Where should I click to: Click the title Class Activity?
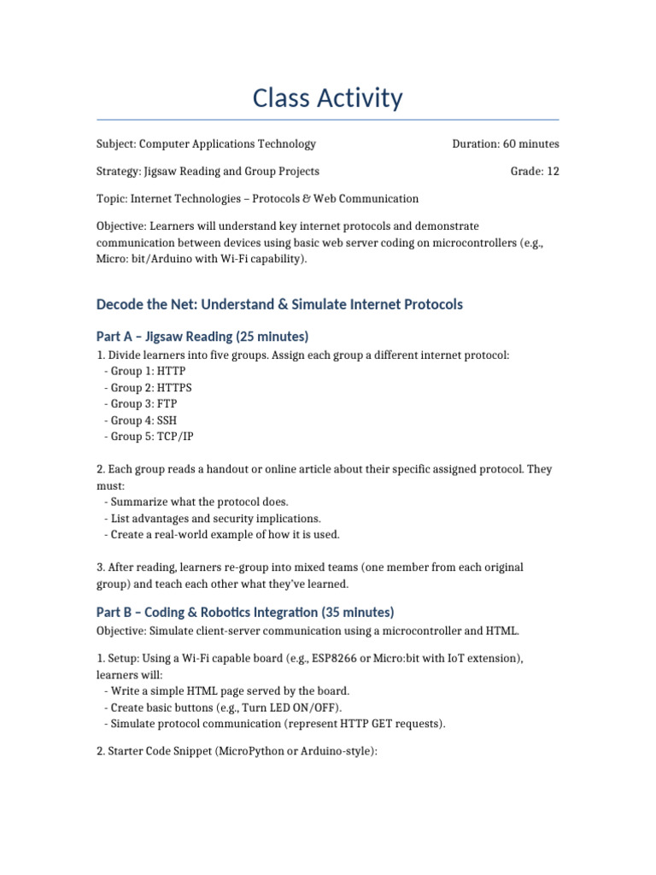pos(327,98)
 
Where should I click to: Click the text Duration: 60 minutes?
pos(505,144)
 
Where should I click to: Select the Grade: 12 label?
pos(535,171)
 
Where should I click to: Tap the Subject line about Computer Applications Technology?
pos(206,144)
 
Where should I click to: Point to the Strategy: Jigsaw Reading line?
pos(208,171)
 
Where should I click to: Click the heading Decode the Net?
pos(279,304)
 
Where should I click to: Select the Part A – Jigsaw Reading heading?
pos(202,336)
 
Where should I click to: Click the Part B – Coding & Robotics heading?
pos(245,612)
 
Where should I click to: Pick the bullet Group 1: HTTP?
pos(148,371)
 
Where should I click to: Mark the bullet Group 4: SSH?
pos(144,420)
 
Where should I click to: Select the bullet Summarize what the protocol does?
pos(199,502)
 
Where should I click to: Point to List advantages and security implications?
pos(215,518)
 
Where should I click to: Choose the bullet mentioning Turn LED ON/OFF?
pos(225,707)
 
